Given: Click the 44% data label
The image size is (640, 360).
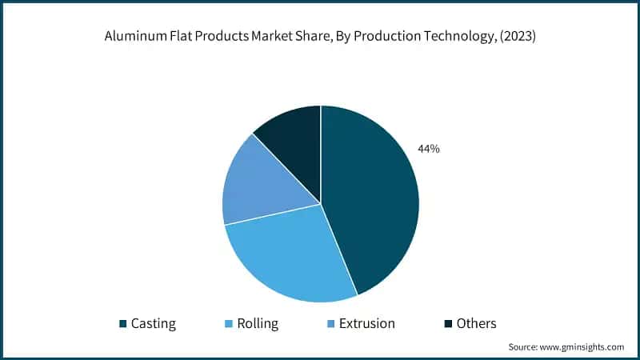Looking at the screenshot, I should tap(428, 149).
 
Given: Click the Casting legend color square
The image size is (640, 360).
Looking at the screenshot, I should tap(123, 324).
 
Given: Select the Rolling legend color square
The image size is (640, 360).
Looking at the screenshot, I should tap(230, 324).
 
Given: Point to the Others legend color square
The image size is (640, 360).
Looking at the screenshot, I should tap(449, 324).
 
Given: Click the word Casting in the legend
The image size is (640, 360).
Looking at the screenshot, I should tap(153, 324).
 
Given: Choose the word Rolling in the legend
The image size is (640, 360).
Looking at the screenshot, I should tap(258, 324).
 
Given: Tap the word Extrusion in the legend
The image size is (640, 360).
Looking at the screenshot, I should tap(367, 324).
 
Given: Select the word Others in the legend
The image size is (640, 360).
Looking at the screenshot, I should tap(477, 324).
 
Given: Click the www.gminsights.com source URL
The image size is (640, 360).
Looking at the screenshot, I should tap(583, 347).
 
